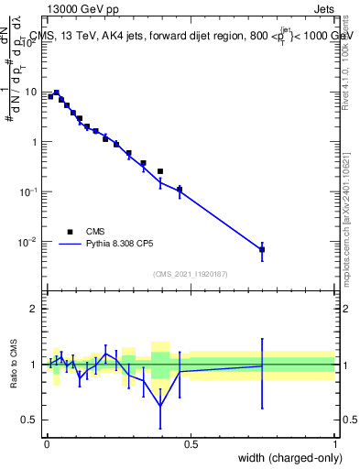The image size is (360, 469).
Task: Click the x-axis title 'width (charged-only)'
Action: coord(286,458)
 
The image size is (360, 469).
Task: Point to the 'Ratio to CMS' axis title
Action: coord(14,364)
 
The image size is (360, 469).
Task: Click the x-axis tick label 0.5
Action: coord(191,444)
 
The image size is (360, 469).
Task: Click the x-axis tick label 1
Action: coord(335,444)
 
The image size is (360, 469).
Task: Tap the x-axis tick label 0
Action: coord(47,444)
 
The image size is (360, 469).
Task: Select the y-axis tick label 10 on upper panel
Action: coord(32,92)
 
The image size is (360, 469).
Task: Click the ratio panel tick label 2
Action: coord(35,309)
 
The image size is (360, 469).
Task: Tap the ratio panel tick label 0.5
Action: coord(29,420)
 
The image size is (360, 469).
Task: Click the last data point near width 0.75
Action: coord(262,249)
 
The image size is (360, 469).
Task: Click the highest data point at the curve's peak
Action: coord(56,93)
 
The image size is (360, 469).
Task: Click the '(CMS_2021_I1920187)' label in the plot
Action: coord(190,274)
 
